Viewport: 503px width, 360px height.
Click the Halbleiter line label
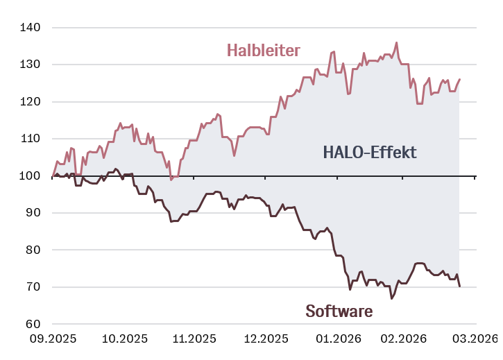pyautogui.click(x=263, y=51)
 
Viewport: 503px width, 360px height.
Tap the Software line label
pyautogui.click(x=339, y=311)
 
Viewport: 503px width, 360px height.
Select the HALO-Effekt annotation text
pyautogui.click(x=370, y=153)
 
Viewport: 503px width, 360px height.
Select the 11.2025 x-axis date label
pyautogui.click(x=192, y=339)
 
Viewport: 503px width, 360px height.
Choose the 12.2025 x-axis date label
pyautogui.click(x=264, y=339)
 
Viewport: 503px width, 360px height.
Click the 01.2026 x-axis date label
pyautogui.click(x=336, y=339)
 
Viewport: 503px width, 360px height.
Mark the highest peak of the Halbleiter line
pyautogui.click(x=396, y=42)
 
